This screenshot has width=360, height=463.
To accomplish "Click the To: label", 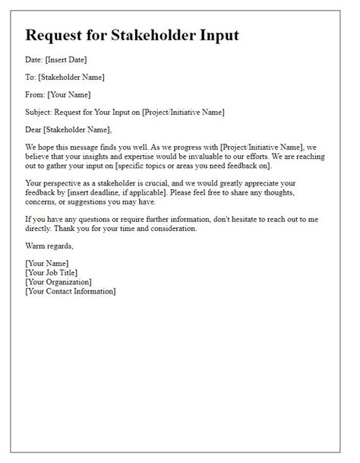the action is click(31, 77).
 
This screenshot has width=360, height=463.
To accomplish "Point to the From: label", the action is click(36, 94).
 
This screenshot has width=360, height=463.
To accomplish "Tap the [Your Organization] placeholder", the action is click(58, 281).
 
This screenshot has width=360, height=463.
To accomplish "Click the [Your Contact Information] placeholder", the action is click(70, 290).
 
